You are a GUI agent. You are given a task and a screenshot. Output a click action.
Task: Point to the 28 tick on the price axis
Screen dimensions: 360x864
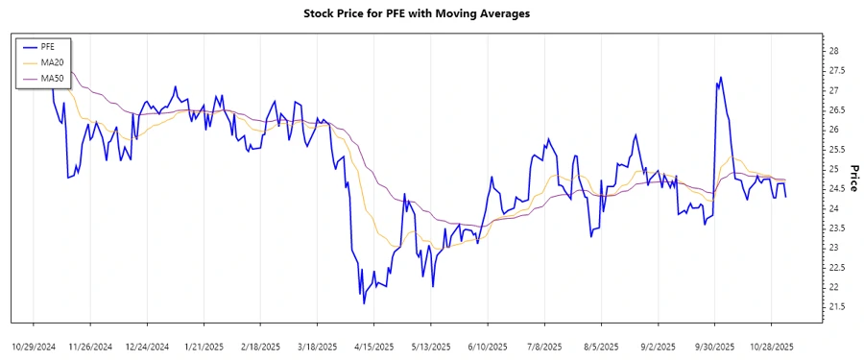point(834,51)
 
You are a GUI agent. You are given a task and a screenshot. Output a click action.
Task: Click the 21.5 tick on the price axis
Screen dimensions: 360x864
point(837,306)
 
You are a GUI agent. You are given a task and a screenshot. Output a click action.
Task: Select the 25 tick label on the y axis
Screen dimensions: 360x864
point(834,169)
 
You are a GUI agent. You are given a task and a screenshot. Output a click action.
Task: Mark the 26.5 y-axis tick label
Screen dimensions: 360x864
point(837,109)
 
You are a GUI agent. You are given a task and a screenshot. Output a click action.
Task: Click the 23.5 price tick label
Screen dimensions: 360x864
point(837,228)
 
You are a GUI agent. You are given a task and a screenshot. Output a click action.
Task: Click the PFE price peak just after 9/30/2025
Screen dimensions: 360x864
point(720,78)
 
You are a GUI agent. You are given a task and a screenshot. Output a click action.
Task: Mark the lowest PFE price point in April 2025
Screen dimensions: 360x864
point(363,303)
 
